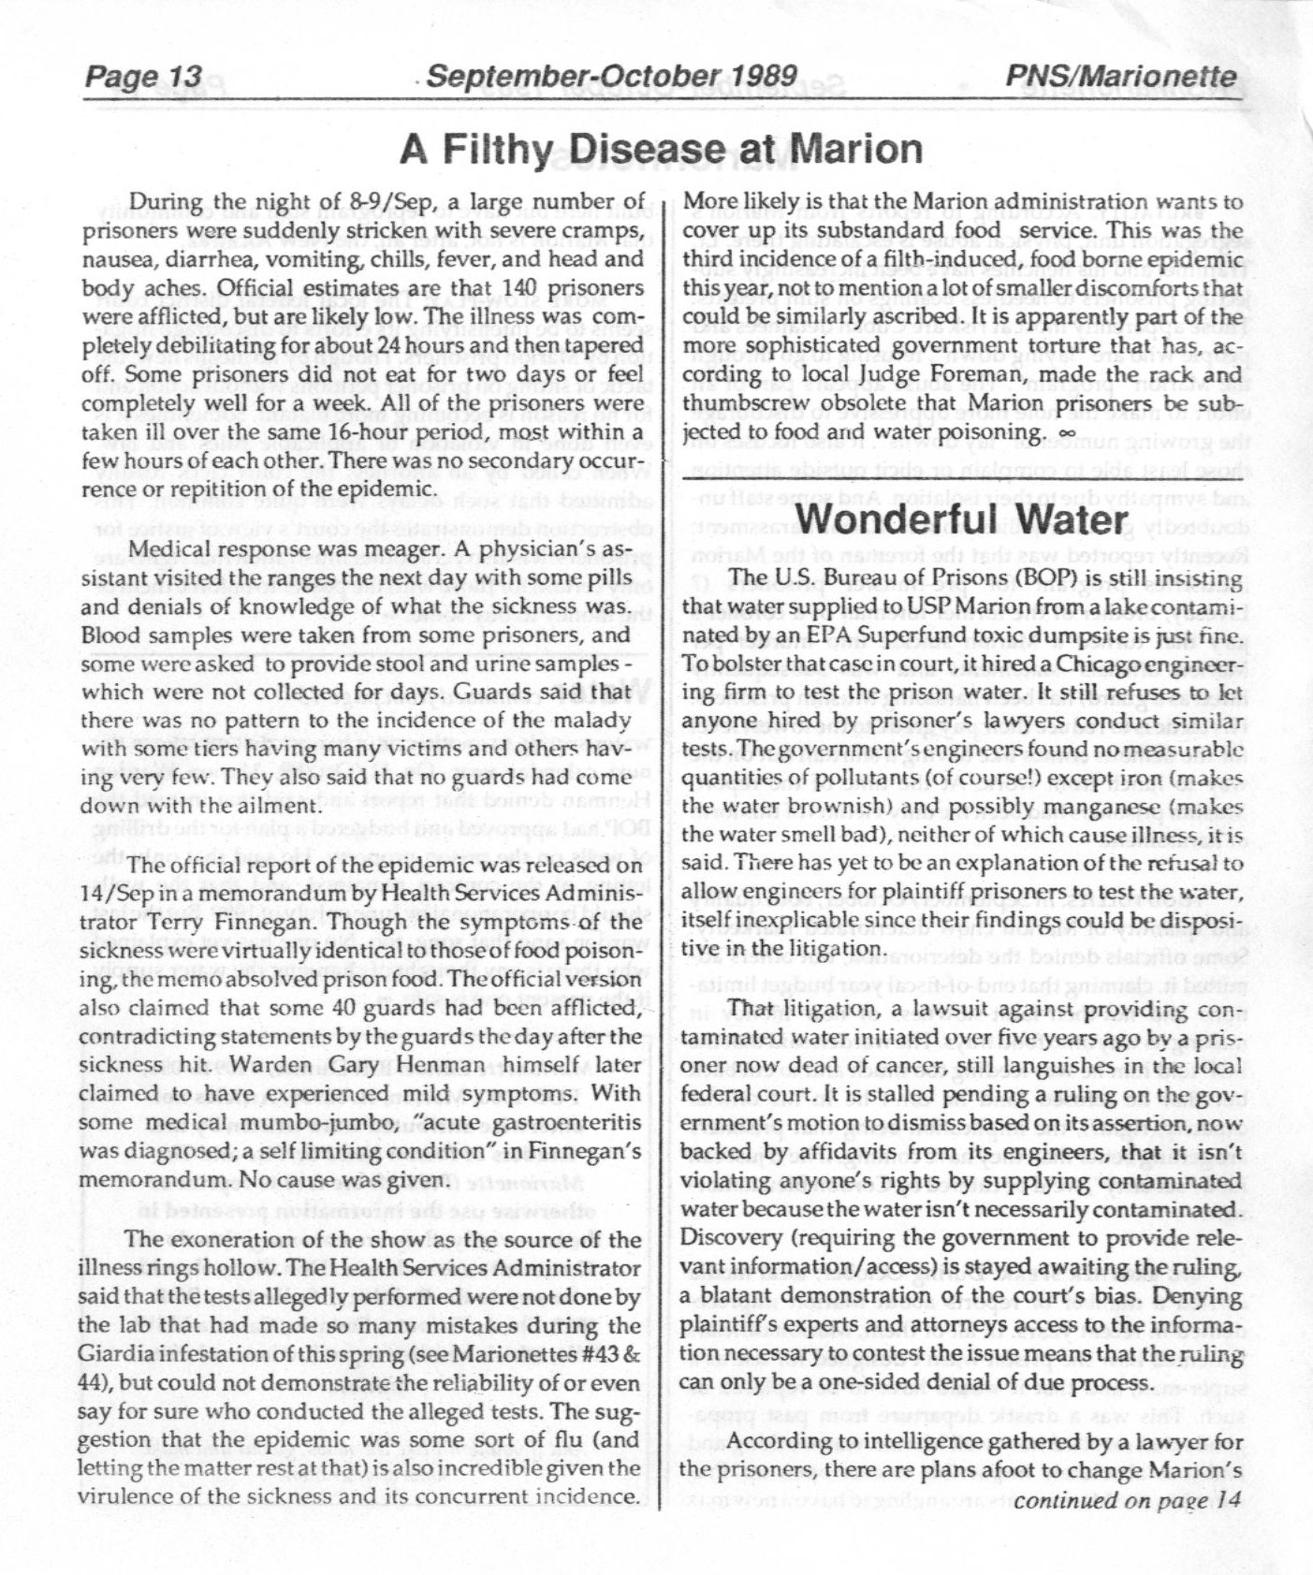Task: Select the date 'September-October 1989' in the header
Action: pos(611,77)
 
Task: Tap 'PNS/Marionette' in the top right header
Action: pos(1120,77)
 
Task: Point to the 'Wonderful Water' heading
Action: pos(964,518)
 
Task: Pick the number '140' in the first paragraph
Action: pos(519,288)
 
